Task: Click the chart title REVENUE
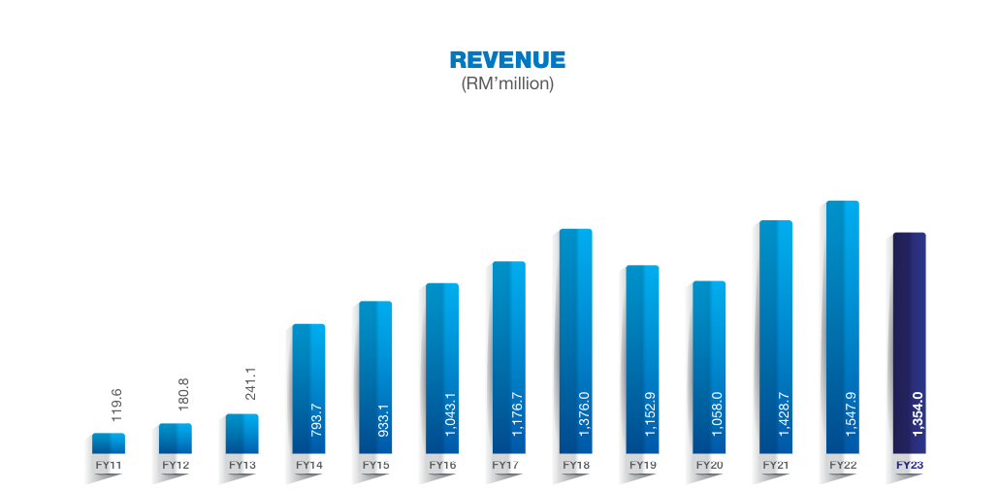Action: pyautogui.click(x=507, y=60)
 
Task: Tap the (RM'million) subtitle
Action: pyautogui.click(x=507, y=84)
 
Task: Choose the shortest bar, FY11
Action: pyautogui.click(x=109, y=443)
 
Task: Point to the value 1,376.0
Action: pyautogui.click(x=584, y=414)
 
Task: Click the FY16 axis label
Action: pyautogui.click(x=442, y=466)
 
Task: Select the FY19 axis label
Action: pyautogui.click(x=642, y=466)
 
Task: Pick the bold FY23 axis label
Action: pyautogui.click(x=909, y=466)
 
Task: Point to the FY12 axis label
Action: pyautogui.click(x=176, y=466)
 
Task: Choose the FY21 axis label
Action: pyautogui.click(x=776, y=466)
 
